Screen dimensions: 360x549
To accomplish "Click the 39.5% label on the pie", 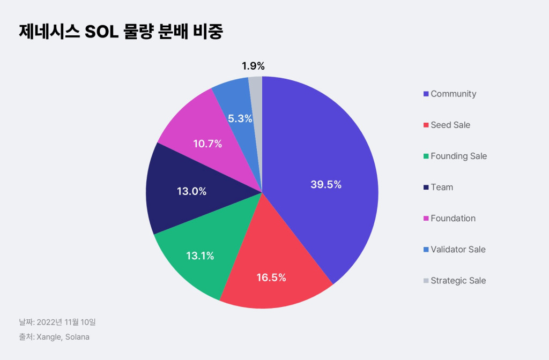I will coord(326,185).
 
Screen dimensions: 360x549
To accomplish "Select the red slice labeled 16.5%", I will coord(271,277).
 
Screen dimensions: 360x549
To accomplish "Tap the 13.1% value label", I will coord(200,256).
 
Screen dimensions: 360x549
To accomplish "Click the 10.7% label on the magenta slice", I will coord(207,144).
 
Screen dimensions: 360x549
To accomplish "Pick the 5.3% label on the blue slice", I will coord(240,118).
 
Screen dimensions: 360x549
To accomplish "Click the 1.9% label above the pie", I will coord(253,66).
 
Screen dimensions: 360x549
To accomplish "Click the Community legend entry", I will coord(453,94).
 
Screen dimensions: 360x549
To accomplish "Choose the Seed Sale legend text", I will coord(450,125).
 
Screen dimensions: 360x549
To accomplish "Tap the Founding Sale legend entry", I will coord(458,156).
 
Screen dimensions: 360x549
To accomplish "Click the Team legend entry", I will coord(442,187).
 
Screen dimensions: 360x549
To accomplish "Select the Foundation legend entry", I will coord(453,218).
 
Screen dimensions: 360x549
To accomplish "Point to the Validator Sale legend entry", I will coord(458,249).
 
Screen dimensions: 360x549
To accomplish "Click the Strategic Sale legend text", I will coord(458,280).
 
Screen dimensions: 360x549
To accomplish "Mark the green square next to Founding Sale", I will coord(426,156).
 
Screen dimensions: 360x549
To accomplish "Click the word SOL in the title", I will coord(101,32).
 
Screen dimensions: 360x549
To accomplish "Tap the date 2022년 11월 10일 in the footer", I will coord(66,322).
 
